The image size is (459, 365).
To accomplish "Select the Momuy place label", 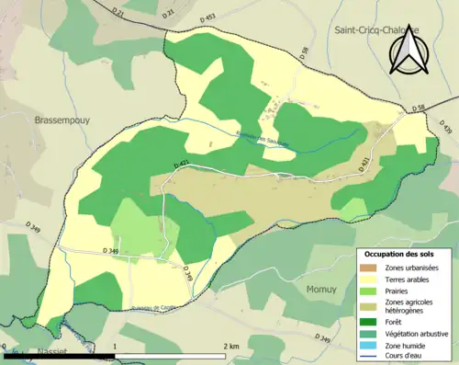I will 320,289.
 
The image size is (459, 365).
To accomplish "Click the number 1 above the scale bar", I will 113,346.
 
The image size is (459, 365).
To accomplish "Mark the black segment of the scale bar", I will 59,356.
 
